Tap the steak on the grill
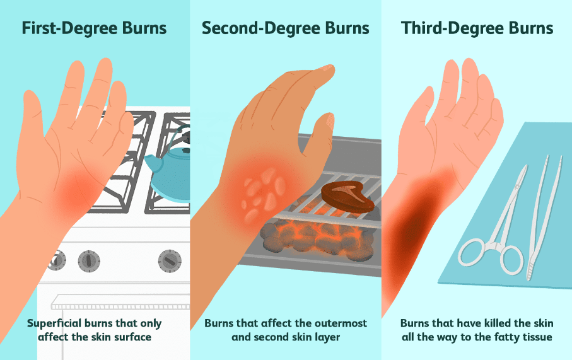point(347,197)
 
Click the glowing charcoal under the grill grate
point(317,236)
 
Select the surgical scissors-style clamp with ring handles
point(493,233)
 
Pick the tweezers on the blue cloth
point(544,219)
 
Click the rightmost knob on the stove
point(170,261)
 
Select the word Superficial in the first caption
point(54,324)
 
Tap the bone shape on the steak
point(345,190)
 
